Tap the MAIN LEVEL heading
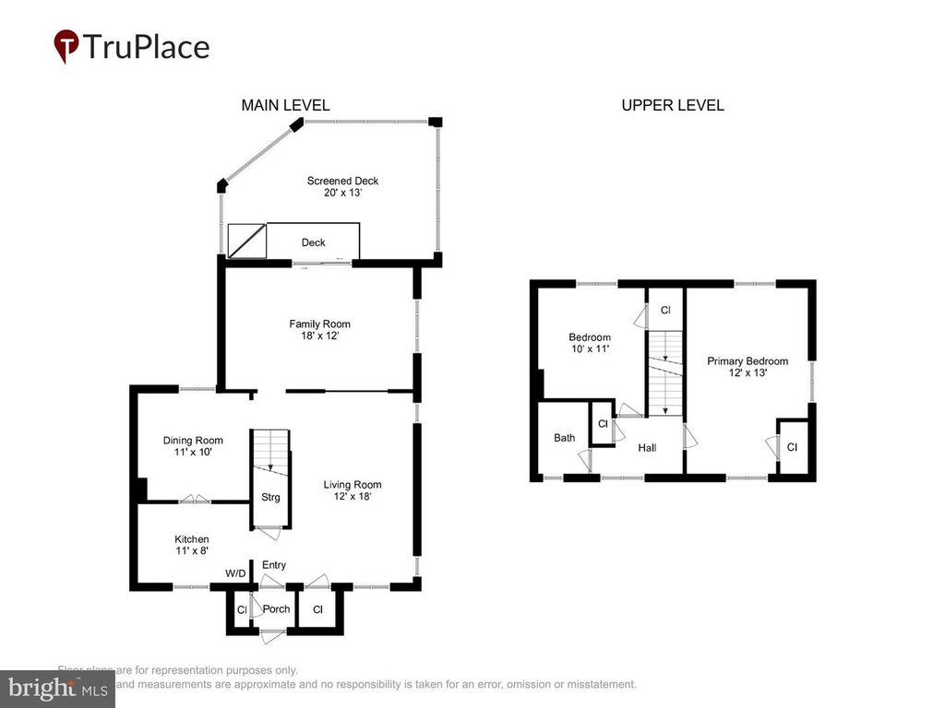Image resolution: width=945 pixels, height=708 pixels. (285, 105)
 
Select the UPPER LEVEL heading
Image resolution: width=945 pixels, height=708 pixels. (672, 105)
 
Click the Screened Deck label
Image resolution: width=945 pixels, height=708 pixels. (342, 181)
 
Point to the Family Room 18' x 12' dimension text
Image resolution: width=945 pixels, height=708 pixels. (319, 337)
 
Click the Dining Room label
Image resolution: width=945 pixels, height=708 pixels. (193, 440)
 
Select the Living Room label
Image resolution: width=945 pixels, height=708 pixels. (352, 484)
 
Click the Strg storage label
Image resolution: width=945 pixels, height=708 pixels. (270, 498)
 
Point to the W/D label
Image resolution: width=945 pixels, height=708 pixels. (236, 573)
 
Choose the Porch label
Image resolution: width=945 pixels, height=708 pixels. (276, 609)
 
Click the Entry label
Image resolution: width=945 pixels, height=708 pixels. (274, 565)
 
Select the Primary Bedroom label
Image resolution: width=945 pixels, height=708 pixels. (748, 360)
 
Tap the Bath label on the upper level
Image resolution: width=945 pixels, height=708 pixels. (564, 437)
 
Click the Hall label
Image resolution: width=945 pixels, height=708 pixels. (647, 447)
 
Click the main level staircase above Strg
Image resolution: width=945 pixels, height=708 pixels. (270, 452)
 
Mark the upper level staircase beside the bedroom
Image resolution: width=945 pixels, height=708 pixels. (664, 373)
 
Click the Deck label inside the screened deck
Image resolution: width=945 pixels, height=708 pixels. (314, 243)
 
